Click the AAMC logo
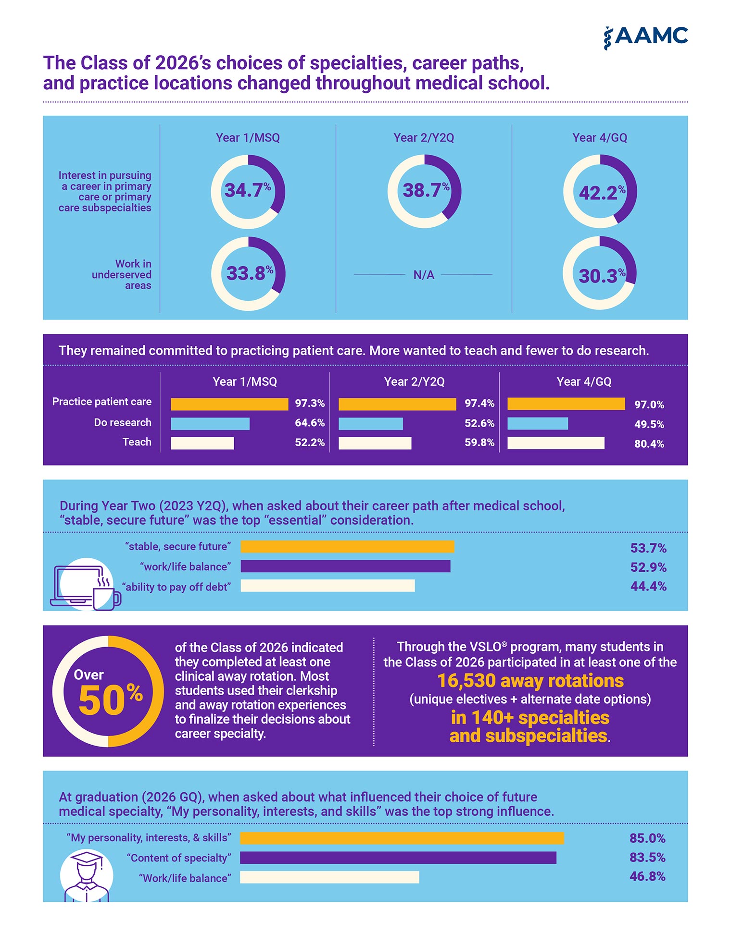pyautogui.click(x=645, y=37)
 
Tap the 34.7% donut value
pyautogui.click(x=248, y=190)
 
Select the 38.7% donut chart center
pyautogui.click(x=424, y=191)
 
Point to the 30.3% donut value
pyautogui.click(x=602, y=275)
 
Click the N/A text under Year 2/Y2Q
pyautogui.click(x=424, y=275)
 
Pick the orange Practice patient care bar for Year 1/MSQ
pyautogui.click(x=229, y=404)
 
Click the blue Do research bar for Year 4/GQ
pyautogui.click(x=538, y=423)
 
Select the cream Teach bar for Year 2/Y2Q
pyautogui.click(x=375, y=443)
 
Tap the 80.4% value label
pyautogui.click(x=649, y=443)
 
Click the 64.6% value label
pyautogui.click(x=310, y=423)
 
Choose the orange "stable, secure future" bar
pyautogui.click(x=347, y=546)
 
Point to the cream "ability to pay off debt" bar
pyautogui.click(x=328, y=585)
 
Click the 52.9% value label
pyautogui.click(x=648, y=567)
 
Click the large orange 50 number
pyautogui.click(x=101, y=700)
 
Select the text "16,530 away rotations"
pyautogui.click(x=530, y=681)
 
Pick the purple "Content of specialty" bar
pyautogui.click(x=398, y=858)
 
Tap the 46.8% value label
pyautogui.click(x=647, y=876)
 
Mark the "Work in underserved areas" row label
pyautogui.click(x=122, y=274)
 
